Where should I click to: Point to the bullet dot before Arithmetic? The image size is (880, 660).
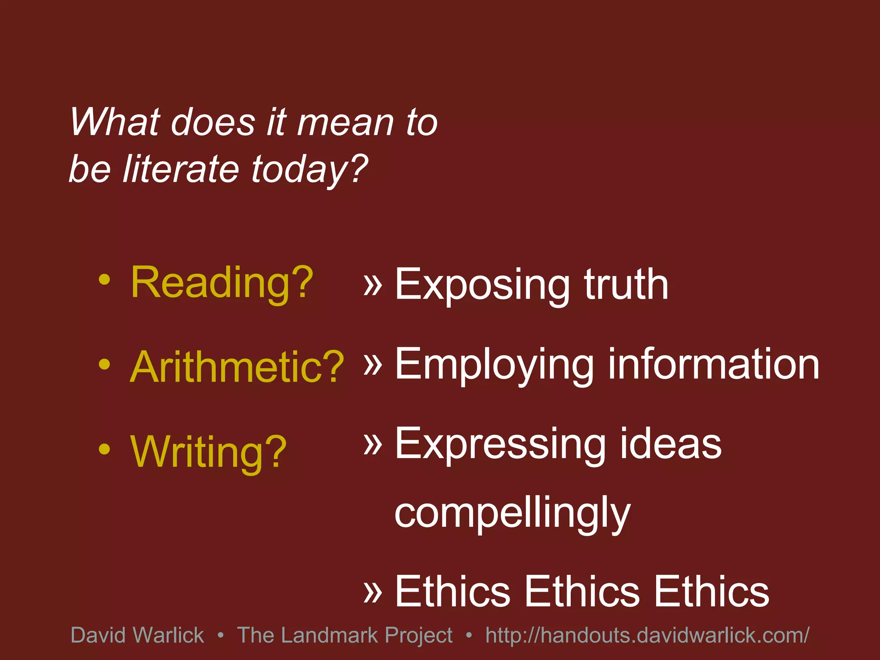coord(104,365)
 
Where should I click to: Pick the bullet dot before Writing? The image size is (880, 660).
coord(104,449)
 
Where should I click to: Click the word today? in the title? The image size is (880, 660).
coord(309,169)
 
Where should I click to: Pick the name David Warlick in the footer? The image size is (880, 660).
coord(137,635)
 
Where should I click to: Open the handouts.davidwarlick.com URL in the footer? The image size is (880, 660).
coord(647,635)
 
